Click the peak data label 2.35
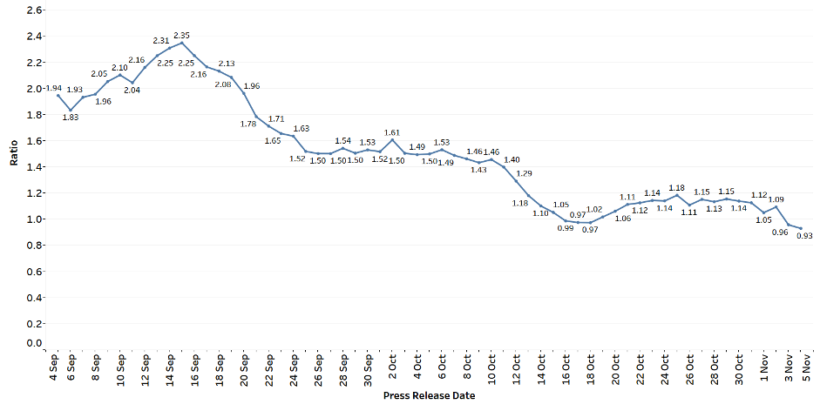click(x=181, y=36)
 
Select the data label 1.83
click(x=71, y=118)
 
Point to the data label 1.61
click(x=391, y=132)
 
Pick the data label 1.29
click(x=524, y=173)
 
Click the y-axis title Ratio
click(x=14, y=153)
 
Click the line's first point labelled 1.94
click(x=58, y=95)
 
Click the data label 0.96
click(x=780, y=232)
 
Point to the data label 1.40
click(x=512, y=160)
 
